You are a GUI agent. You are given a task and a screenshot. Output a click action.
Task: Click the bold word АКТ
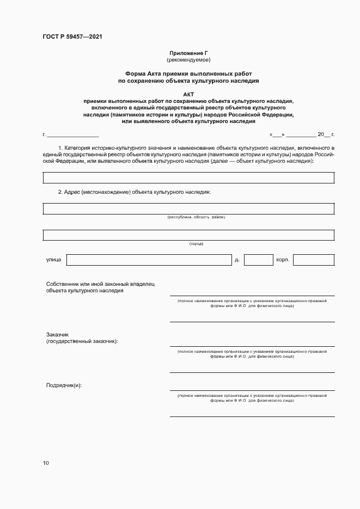click(188, 94)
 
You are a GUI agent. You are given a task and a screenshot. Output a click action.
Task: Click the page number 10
click(46, 463)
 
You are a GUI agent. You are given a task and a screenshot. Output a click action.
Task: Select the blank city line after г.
click(72, 134)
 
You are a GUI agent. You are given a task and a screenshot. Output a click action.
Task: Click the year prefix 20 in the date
click(320, 134)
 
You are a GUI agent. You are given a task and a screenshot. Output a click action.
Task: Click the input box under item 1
click(188, 178)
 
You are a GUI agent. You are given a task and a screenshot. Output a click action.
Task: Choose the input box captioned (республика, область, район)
click(188, 208)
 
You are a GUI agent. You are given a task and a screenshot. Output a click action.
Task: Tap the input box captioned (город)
click(188, 235)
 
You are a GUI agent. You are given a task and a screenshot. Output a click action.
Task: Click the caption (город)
click(196, 243)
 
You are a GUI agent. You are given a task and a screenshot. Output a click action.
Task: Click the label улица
click(54, 260)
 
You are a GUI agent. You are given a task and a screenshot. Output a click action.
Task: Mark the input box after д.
click(258, 260)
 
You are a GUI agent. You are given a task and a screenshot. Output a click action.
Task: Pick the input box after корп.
click(314, 260)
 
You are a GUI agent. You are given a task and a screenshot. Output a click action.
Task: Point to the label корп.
click(282, 260)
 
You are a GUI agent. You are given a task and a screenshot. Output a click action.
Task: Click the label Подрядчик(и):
click(64, 385)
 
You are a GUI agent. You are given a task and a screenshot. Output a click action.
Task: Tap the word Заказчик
click(58, 334)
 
